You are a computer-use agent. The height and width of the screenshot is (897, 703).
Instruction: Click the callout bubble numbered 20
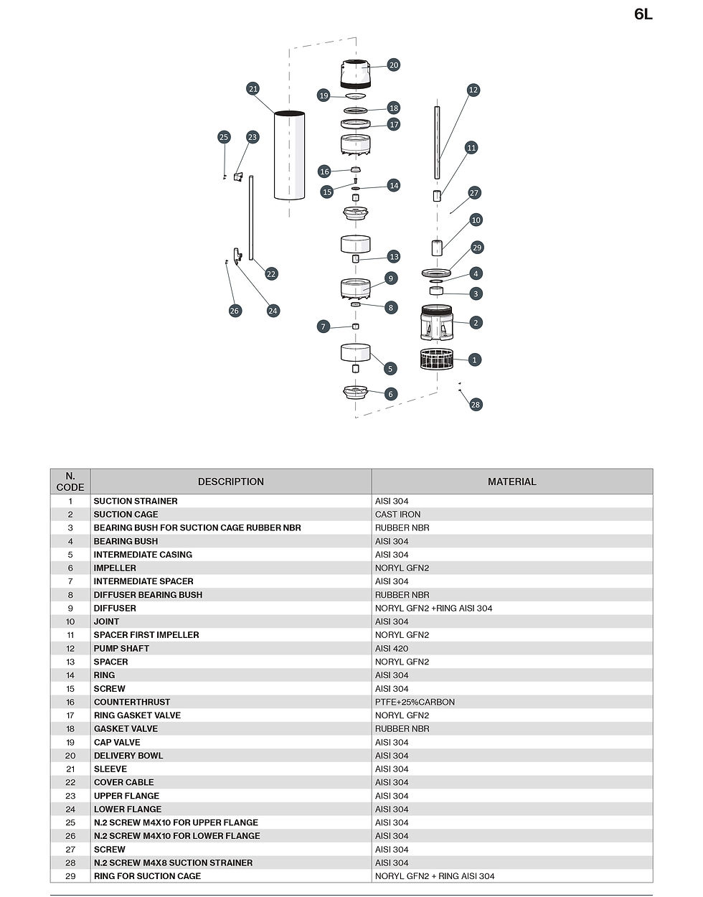coord(394,65)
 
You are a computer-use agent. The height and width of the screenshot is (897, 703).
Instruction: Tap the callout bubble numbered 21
coord(253,89)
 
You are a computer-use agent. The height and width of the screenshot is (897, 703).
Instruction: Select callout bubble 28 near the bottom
coord(476,405)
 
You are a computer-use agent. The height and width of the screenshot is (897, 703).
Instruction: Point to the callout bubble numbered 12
coord(473,90)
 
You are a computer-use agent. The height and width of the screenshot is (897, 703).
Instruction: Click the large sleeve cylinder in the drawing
coord(289,155)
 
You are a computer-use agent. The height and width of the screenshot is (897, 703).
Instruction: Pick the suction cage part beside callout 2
coord(436,323)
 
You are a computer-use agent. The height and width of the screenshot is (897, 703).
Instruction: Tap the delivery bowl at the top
coord(356,75)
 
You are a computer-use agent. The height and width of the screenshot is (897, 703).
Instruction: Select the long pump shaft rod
coord(437,142)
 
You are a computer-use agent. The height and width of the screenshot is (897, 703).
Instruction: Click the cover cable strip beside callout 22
coord(251,218)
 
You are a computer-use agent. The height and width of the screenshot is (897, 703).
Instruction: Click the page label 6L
coord(643,14)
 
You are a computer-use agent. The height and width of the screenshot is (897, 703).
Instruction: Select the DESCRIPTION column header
coord(230,482)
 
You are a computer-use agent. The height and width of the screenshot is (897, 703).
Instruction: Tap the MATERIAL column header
coord(512,482)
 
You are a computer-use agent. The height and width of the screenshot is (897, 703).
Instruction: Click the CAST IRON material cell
coord(397,515)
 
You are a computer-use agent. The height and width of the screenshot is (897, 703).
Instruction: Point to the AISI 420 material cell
coord(392,649)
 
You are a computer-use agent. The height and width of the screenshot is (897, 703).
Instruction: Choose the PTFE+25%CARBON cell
coord(415,702)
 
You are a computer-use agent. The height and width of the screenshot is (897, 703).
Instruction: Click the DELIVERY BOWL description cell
coord(128,756)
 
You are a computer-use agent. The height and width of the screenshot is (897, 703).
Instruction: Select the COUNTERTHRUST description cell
coord(132,702)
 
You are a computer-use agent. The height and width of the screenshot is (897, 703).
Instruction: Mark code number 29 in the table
coord(70,876)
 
